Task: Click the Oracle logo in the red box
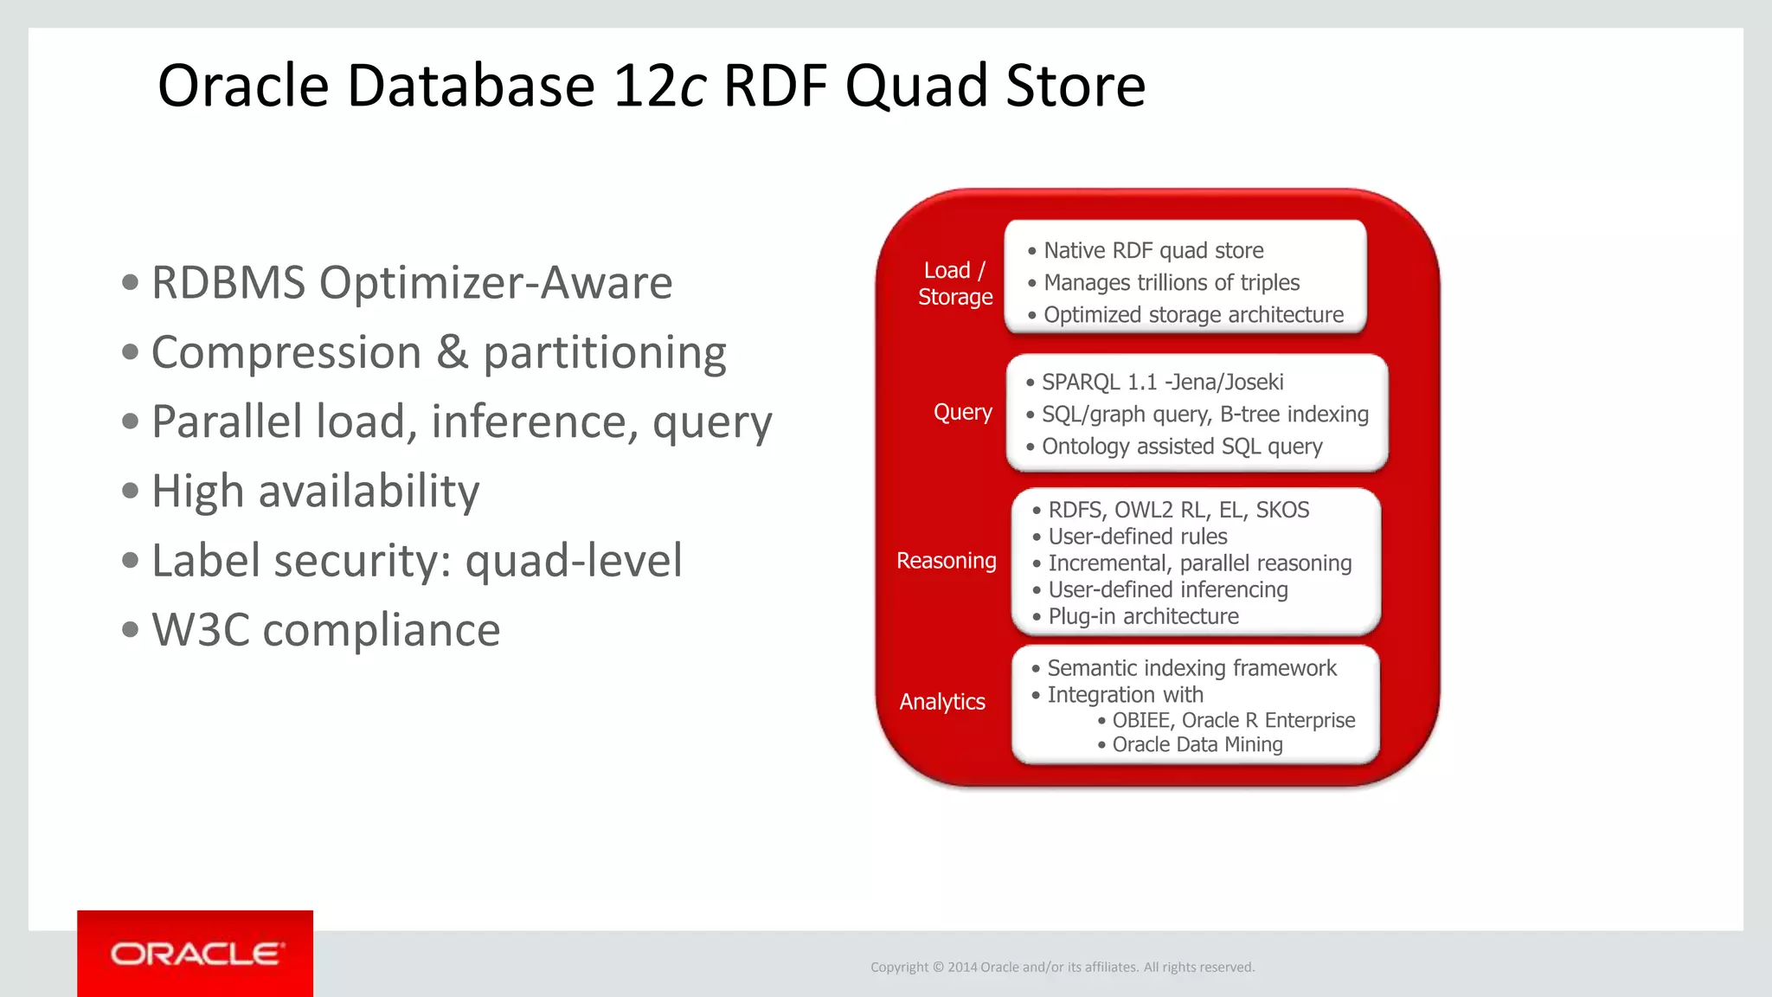pyautogui.click(x=196, y=954)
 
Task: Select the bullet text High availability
pyautogui.click(x=315, y=491)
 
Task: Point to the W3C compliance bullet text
pyautogui.click(x=325, y=629)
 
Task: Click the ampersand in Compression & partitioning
pyautogui.click(x=452, y=352)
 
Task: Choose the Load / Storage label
pyautogui.click(x=954, y=283)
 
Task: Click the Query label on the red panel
pyautogui.click(x=962, y=412)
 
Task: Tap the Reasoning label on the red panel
pyautogui.click(x=946, y=561)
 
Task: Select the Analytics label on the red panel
pyautogui.click(x=941, y=701)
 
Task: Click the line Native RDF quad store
pyautogui.click(x=1152, y=251)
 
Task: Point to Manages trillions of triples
pyautogui.click(x=1171, y=283)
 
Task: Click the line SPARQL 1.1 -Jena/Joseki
pyautogui.click(x=1161, y=382)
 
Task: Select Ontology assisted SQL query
pyautogui.click(x=1181, y=447)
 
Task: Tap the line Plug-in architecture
pyautogui.click(x=1142, y=616)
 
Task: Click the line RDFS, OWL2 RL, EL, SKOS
pyautogui.click(x=1178, y=510)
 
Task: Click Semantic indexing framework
pyautogui.click(x=1191, y=668)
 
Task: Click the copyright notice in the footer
pyautogui.click(x=1062, y=967)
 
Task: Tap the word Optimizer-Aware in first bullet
pyautogui.click(x=495, y=283)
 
